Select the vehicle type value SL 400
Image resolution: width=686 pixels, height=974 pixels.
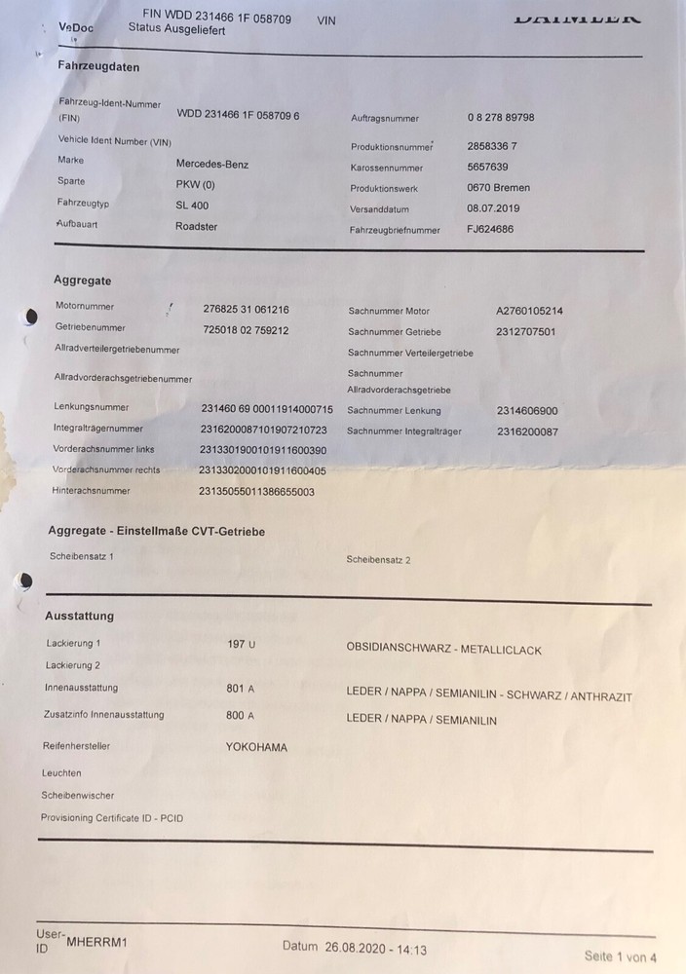tap(192, 206)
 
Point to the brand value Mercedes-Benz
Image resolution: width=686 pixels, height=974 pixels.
tap(211, 164)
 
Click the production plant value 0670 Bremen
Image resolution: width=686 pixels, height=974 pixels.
tap(499, 188)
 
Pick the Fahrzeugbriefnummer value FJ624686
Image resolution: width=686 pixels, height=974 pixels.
tap(490, 230)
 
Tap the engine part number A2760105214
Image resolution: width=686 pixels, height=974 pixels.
tap(529, 312)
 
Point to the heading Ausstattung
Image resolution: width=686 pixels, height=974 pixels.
tap(80, 616)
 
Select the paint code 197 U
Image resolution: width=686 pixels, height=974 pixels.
tap(241, 645)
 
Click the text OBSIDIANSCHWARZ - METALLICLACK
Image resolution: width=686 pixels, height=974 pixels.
tap(443, 649)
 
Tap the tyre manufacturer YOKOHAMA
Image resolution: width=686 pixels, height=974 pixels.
tap(256, 748)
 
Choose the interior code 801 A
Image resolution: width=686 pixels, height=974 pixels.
tap(240, 689)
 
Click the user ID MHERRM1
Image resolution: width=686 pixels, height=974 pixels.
tap(96, 943)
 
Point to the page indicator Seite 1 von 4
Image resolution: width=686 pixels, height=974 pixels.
tap(621, 955)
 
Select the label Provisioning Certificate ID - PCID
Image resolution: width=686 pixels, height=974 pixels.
tap(111, 818)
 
